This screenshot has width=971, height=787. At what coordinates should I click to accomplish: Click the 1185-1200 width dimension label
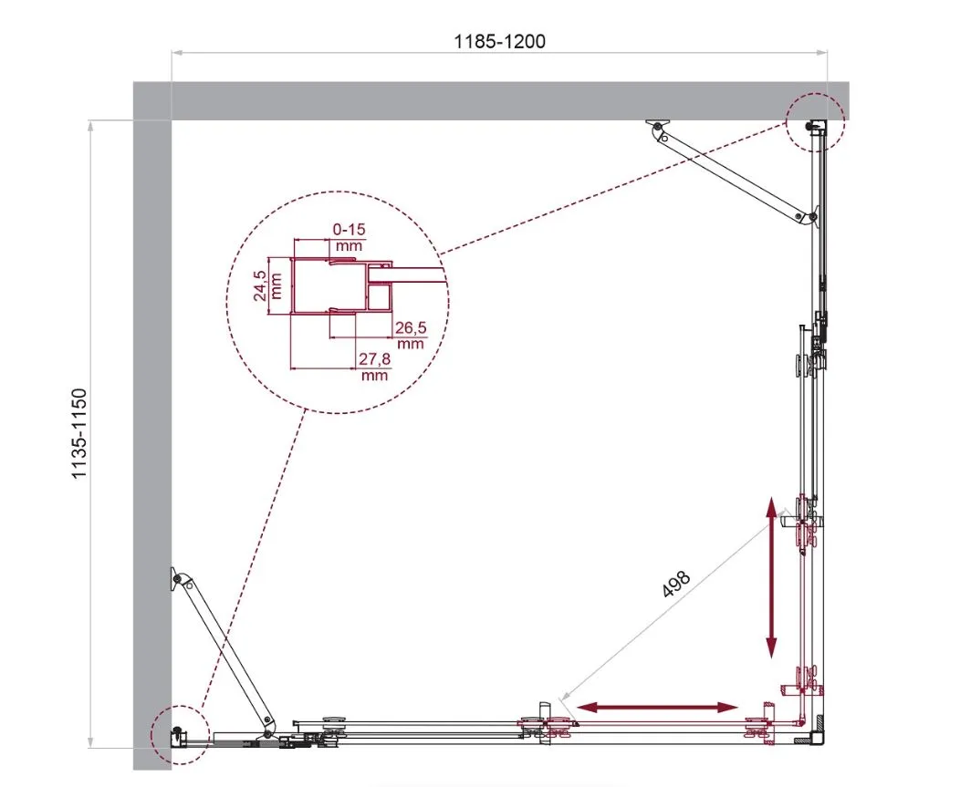pyautogui.click(x=500, y=41)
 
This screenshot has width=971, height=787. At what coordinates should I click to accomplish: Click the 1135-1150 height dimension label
pyautogui.click(x=80, y=434)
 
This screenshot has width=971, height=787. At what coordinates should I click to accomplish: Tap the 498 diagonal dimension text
pyautogui.click(x=675, y=584)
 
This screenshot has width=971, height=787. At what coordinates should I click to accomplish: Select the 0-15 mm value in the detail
pyautogui.click(x=349, y=237)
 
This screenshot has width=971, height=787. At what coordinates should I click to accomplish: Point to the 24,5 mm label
pyautogui.click(x=268, y=285)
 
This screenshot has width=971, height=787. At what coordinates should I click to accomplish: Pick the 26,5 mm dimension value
pyautogui.click(x=411, y=335)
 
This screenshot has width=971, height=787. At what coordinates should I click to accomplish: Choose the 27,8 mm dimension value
pyautogui.click(x=375, y=367)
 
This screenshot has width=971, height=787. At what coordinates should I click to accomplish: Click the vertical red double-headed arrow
pyautogui.click(x=771, y=578)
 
